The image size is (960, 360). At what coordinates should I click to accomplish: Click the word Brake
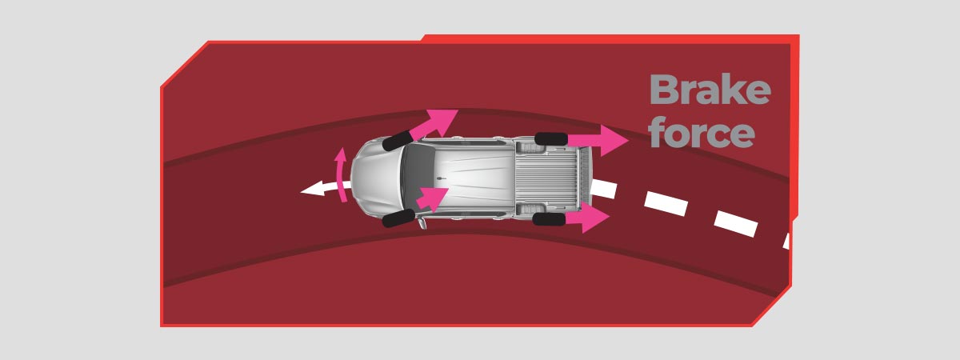point(710,89)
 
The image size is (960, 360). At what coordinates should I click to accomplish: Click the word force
point(702,133)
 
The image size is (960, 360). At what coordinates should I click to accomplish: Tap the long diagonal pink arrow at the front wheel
point(433,123)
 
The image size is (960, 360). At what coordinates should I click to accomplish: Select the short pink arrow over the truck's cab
point(432,199)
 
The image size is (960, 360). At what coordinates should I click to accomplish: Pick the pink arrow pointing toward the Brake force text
point(598,140)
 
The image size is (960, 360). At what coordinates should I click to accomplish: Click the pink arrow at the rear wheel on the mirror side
point(587,218)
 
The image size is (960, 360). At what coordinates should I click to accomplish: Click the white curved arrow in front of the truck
point(325,189)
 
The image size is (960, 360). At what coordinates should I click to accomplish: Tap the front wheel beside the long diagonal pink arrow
point(398,141)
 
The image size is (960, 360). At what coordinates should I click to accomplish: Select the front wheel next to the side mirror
point(398,218)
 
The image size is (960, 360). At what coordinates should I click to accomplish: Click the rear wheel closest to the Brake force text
point(551,139)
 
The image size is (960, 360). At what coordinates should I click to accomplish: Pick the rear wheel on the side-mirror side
point(549,219)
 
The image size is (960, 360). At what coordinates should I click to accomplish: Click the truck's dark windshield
point(418,178)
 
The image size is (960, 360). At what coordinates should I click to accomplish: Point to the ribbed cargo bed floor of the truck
point(547,178)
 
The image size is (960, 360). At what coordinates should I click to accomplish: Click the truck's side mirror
point(422,223)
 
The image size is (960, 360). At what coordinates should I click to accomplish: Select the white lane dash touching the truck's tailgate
point(603,189)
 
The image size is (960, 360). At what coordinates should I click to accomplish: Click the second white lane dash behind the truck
point(666,203)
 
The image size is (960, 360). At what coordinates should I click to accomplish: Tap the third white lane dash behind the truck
point(736,223)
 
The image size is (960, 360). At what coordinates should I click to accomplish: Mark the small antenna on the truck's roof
point(442,178)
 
